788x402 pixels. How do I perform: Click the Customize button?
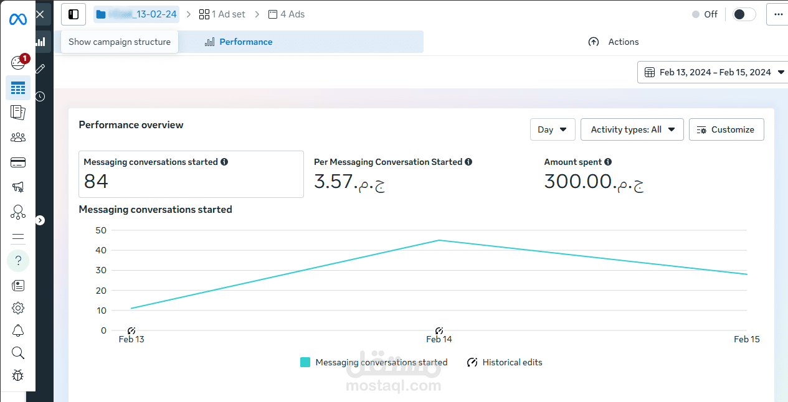coord(726,129)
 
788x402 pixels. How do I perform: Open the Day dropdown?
coord(552,129)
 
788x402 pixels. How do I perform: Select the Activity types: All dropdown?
coord(632,129)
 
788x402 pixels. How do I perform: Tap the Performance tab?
coord(239,42)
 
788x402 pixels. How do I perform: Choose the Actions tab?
coord(614,42)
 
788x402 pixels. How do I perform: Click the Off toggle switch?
coord(744,14)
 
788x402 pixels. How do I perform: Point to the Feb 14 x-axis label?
coord(439,339)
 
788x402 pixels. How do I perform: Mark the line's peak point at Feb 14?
coord(439,240)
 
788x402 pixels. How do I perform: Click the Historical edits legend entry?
coord(505,362)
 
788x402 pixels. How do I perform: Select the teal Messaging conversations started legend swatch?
coord(305,362)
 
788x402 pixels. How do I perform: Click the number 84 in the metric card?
coord(96,181)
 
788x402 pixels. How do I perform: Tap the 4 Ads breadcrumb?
coord(286,14)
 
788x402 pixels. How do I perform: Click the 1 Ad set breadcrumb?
coord(222,14)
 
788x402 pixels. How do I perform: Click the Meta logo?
coord(18,19)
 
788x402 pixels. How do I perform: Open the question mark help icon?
coord(18,260)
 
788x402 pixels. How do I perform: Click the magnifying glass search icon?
coord(18,353)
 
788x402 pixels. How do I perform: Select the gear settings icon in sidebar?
coord(18,308)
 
